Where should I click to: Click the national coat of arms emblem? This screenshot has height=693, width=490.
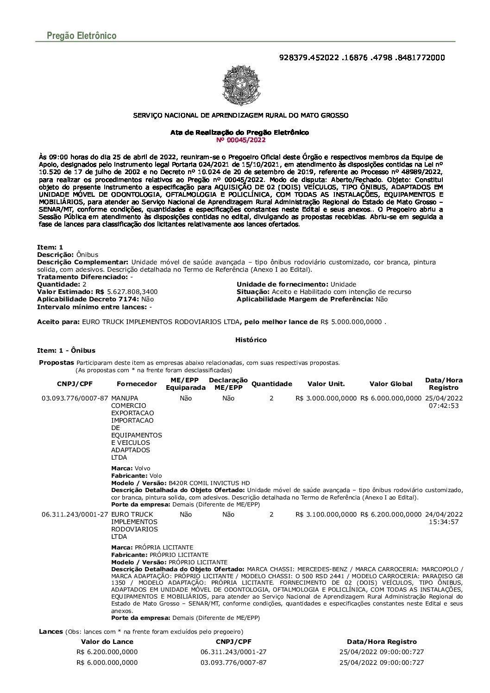[x=241, y=86]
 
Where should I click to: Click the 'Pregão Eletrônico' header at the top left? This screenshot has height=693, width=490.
[x=82, y=36]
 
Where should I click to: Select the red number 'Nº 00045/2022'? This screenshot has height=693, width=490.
[x=241, y=140]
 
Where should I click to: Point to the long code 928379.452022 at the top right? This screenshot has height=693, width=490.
[x=362, y=58]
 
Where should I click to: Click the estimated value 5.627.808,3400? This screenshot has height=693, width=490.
[x=132, y=292]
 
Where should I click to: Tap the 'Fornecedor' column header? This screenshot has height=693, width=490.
[x=137, y=384]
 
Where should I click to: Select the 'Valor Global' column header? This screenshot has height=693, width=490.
[x=391, y=384]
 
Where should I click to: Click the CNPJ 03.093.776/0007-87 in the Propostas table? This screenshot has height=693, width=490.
[x=75, y=398]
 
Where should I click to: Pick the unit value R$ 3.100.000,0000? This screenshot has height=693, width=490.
[x=326, y=514]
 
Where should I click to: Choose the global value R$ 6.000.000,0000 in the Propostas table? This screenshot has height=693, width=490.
[x=391, y=398]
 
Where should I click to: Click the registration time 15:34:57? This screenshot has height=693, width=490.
[x=444, y=522]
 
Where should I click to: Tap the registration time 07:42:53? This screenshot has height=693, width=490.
[x=444, y=406]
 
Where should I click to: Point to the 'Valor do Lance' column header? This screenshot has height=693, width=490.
[x=107, y=642]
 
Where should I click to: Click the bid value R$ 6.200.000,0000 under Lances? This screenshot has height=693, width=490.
[x=107, y=652]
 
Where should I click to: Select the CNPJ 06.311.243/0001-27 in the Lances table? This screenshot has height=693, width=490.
[x=233, y=652]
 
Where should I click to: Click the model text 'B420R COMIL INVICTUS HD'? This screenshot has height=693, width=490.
[x=209, y=483]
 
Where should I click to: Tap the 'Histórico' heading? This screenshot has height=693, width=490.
[x=251, y=340]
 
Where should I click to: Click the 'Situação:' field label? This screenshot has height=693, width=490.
[x=253, y=292]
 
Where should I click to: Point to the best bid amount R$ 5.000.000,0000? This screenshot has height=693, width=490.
[x=352, y=322]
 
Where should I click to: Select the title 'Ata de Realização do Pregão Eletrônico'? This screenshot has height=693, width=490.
[x=239, y=132]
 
